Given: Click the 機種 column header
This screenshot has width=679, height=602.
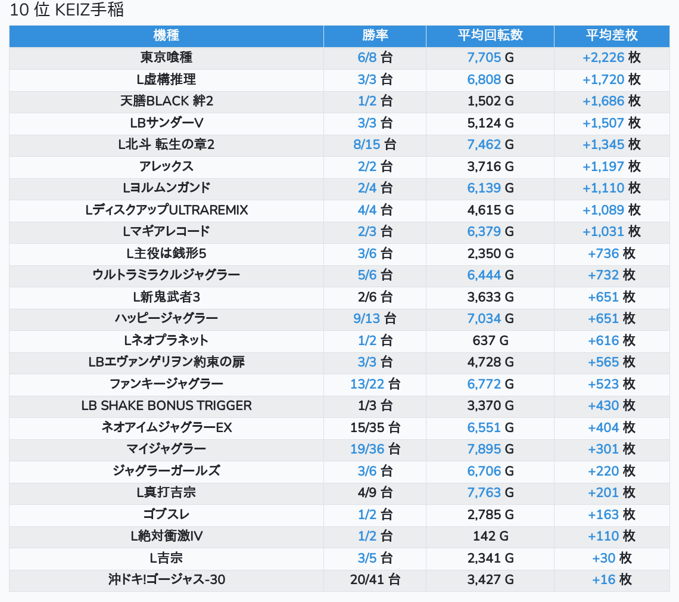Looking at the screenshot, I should [166, 36].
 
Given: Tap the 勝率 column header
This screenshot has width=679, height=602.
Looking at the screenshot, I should [375, 36].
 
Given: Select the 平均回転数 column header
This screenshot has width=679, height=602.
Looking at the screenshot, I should [490, 36].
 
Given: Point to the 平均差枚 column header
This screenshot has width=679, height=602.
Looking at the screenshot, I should [612, 36].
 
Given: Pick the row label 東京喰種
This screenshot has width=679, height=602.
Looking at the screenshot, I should [166, 58].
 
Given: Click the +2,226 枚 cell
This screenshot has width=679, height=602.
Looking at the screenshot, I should [612, 58].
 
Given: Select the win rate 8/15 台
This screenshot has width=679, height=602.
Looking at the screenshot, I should [375, 145].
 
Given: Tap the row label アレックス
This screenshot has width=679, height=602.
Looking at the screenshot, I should [166, 166].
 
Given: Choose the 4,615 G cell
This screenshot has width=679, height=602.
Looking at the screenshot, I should [490, 210].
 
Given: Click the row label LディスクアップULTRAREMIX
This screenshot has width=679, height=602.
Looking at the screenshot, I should [166, 210].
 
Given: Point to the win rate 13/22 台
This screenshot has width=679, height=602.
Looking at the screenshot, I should [375, 384].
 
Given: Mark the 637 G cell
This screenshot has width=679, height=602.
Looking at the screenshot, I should [490, 340].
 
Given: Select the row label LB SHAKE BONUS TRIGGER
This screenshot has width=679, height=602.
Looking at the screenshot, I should [166, 406].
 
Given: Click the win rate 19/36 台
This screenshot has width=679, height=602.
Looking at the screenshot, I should [375, 449].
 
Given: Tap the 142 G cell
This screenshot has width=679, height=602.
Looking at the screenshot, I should [490, 536].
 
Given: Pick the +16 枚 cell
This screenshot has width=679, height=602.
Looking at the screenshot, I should [612, 579].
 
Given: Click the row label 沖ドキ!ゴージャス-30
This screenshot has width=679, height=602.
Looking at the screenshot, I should [166, 579].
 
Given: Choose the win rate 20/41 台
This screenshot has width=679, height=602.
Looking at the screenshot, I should [375, 579].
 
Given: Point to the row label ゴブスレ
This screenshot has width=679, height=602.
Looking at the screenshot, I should [166, 514].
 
